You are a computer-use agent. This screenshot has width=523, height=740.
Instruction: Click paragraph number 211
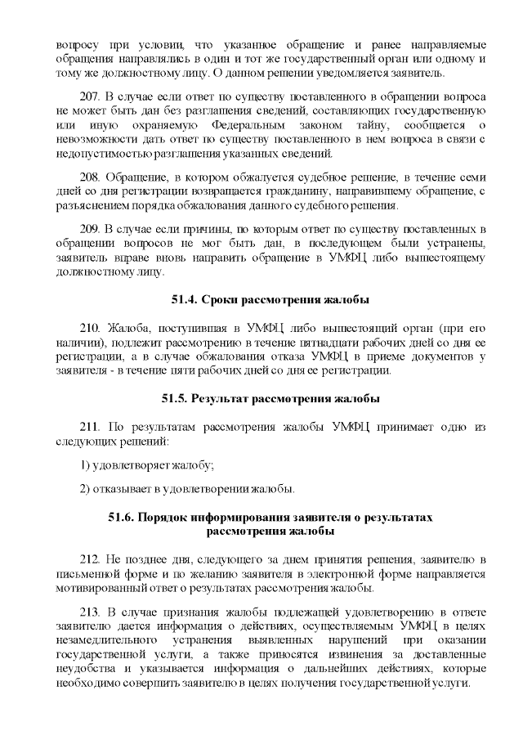coord(92,428)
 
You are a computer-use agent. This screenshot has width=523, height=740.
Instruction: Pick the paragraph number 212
coord(92,558)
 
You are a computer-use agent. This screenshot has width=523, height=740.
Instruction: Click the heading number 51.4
coord(182,298)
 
